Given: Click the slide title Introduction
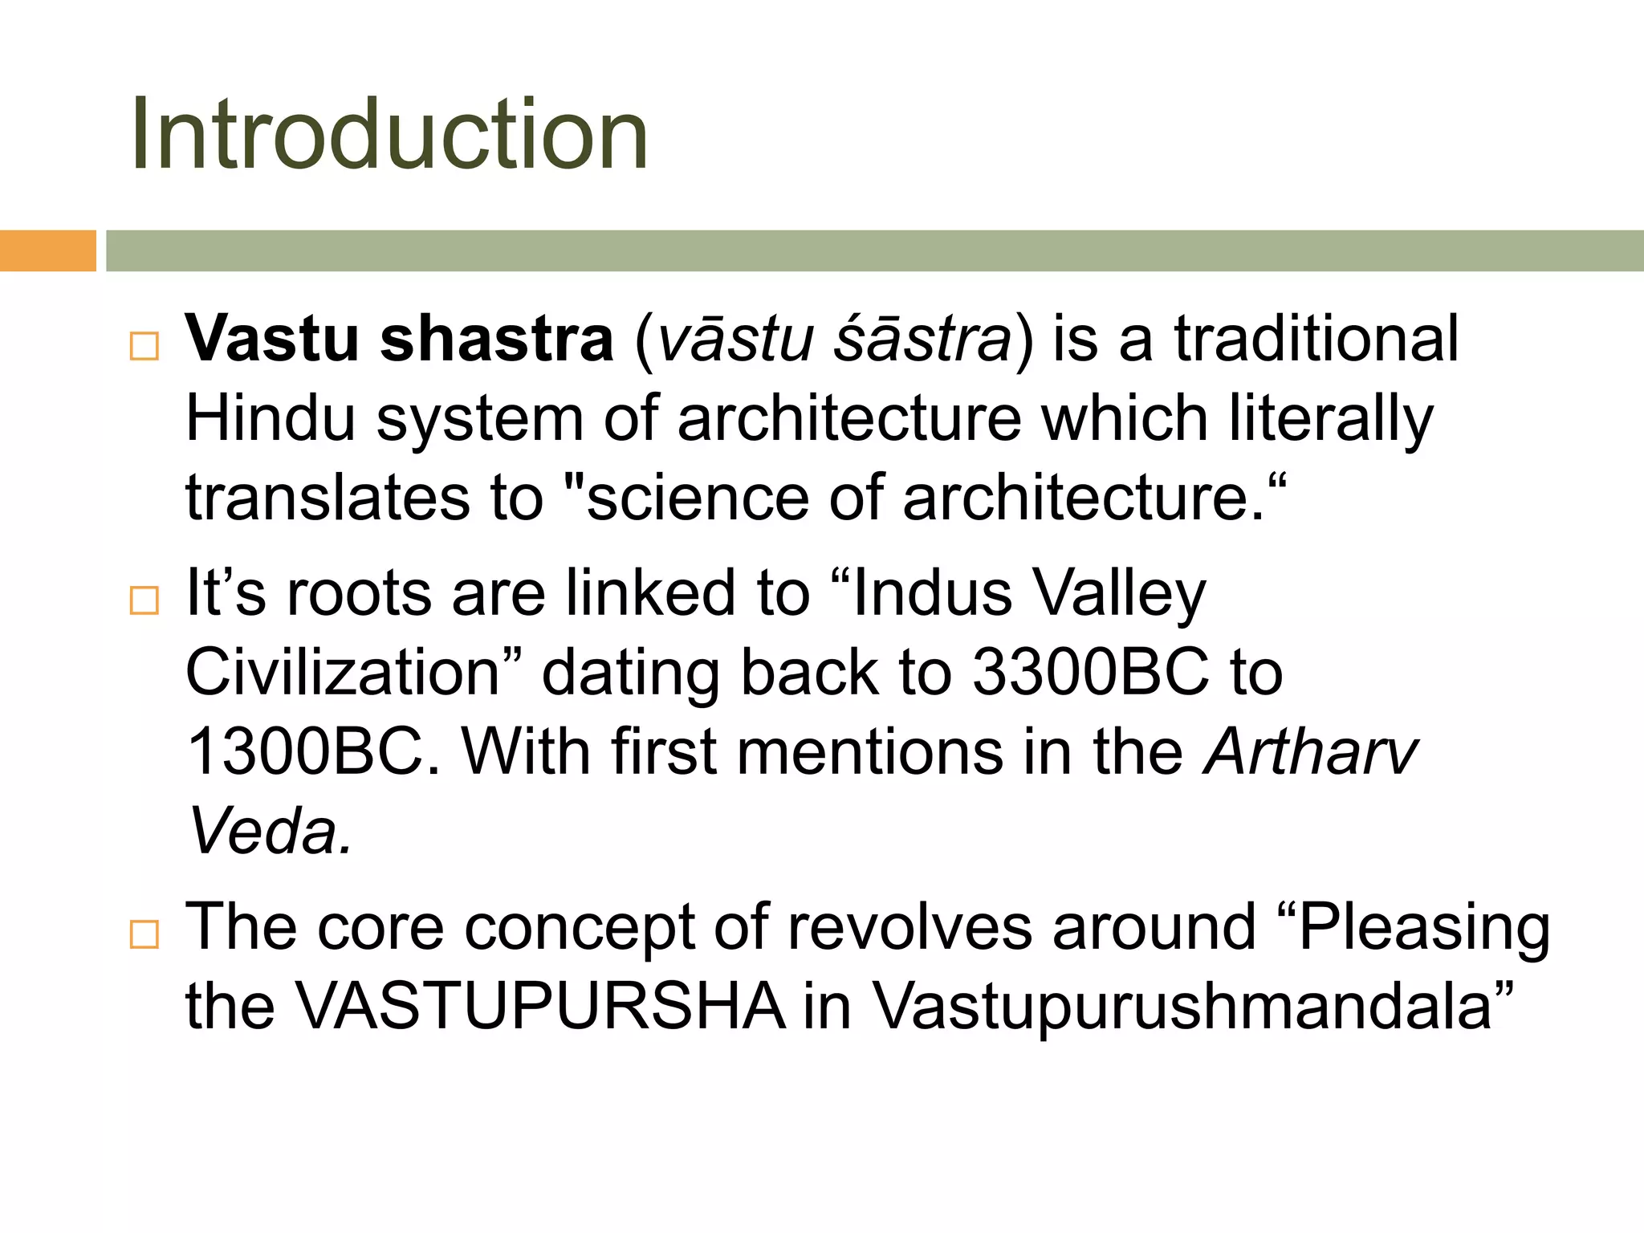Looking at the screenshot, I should (x=389, y=134).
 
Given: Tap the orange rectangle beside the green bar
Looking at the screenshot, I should (x=47, y=250).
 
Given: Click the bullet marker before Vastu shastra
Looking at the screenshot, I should (x=144, y=346).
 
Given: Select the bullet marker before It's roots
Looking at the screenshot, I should (x=144, y=600).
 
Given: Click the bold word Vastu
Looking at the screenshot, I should (x=272, y=339).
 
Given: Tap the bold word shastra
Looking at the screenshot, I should (x=497, y=339).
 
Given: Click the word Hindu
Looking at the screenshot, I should (x=271, y=418).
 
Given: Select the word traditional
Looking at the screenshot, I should (x=1316, y=339).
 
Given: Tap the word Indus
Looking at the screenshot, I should (x=932, y=593).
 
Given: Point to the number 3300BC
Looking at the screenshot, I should (x=1090, y=672).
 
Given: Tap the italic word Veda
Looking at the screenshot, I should (x=269, y=831).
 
